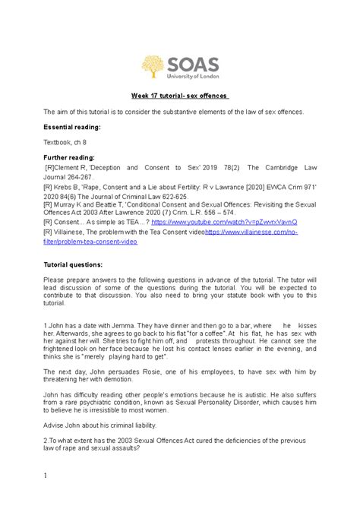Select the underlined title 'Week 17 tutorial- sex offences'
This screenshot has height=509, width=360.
pos(180,95)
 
